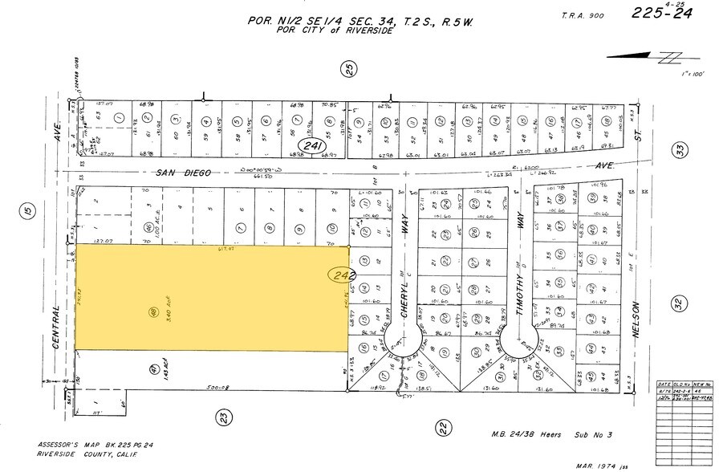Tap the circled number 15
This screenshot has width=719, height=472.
click(27, 212)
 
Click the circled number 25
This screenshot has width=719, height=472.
click(350, 71)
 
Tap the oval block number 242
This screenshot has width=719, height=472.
click(339, 275)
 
